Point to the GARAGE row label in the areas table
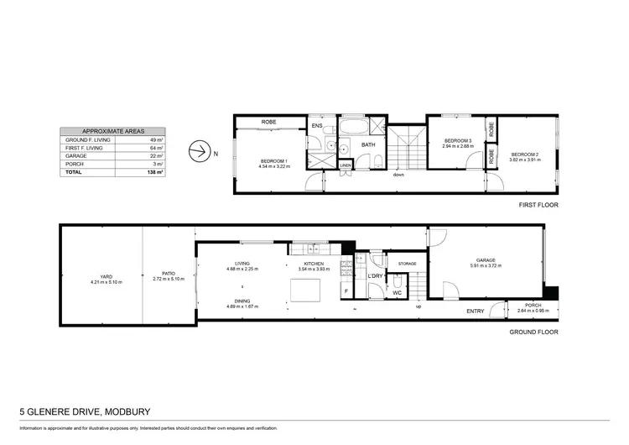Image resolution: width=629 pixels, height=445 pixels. tap(75, 155)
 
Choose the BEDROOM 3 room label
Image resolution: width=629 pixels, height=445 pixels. tap(458, 141)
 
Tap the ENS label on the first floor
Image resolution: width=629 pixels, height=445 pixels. tap(317, 127)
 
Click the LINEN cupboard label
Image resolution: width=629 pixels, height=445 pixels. tap(346, 165)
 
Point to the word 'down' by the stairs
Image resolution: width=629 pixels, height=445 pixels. tap(398, 175)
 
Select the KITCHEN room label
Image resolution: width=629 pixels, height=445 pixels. tap(314, 264)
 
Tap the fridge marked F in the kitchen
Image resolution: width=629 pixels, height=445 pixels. tap(346, 291)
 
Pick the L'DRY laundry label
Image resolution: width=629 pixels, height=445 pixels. tap(375, 275)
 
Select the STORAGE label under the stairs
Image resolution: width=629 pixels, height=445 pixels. tap(408, 264)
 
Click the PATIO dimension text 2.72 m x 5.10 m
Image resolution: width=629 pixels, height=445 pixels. tap(169, 282)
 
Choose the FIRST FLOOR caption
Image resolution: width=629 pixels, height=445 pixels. tap(538, 204)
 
